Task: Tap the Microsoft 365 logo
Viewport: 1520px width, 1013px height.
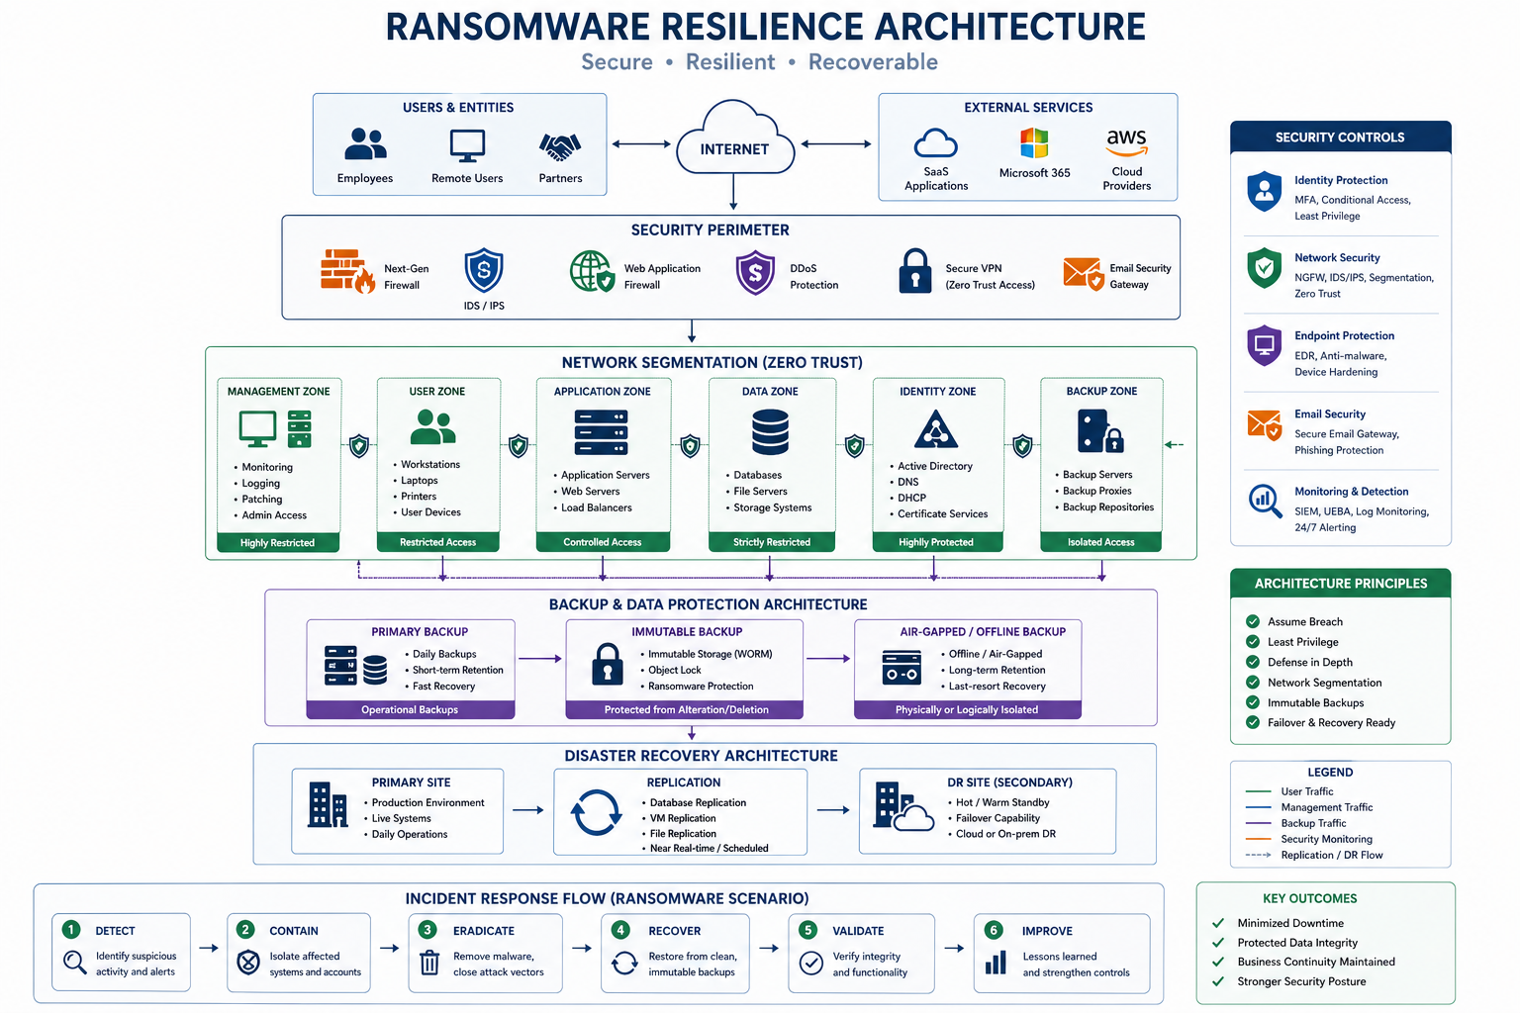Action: pos(1034,143)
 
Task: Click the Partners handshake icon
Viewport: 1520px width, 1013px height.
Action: pos(560,147)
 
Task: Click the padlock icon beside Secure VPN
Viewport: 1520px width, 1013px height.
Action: pos(914,270)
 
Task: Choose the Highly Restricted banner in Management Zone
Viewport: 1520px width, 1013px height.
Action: pos(278,542)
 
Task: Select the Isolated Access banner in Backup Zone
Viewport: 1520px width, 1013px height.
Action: pos(1100,542)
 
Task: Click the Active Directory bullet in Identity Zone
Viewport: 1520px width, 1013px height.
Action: pos(934,466)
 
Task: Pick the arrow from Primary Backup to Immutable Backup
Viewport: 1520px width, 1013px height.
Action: pos(539,658)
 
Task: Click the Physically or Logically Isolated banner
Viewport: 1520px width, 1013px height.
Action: pos(967,709)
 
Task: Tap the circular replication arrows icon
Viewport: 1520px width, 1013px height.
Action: pos(596,813)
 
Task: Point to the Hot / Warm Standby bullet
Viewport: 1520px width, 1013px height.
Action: pos(1001,802)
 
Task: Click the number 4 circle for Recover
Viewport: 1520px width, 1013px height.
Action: pos(620,930)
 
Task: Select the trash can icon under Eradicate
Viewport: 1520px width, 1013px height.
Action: pos(429,963)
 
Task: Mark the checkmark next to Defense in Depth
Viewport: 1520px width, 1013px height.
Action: pos(1253,662)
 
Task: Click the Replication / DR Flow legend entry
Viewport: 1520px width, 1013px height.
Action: pos(1331,855)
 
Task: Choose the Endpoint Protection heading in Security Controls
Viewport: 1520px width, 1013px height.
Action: pos(1344,335)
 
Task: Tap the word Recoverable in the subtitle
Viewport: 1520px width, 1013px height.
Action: pos(873,62)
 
